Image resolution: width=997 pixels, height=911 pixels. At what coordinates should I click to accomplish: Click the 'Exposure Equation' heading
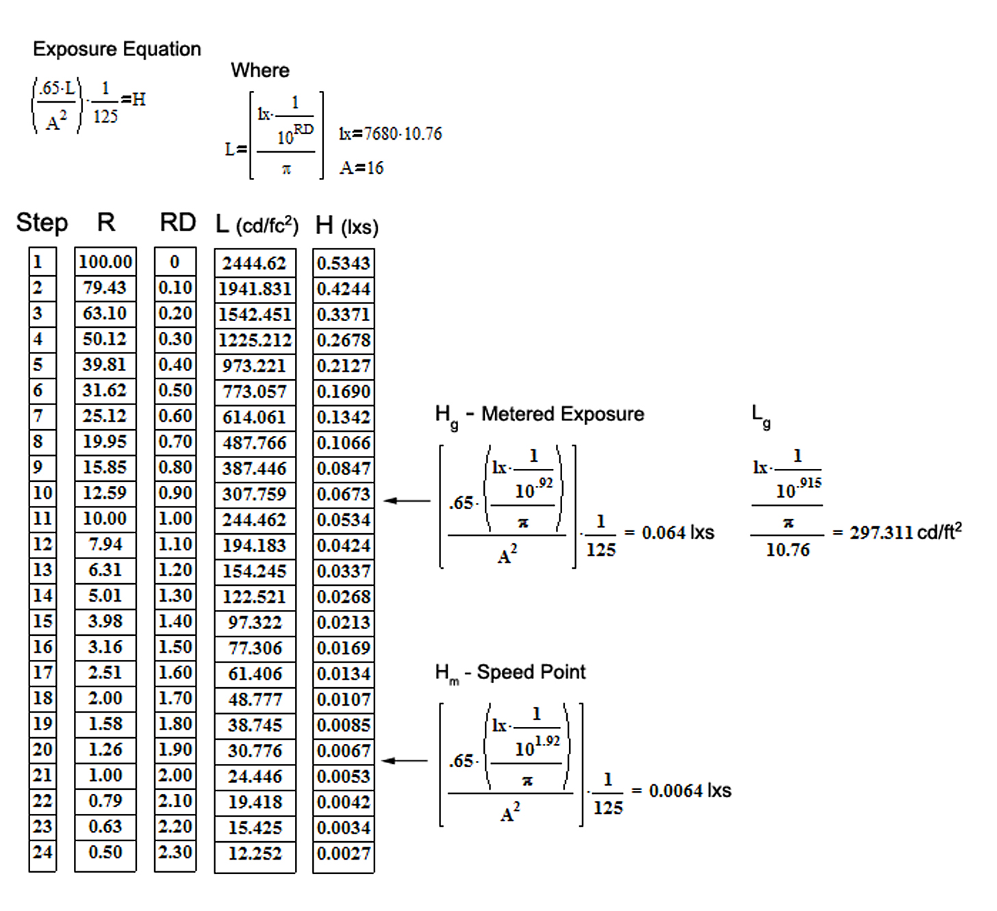[x=117, y=49]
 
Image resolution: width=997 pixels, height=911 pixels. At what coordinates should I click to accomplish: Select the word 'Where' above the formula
[x=260, y=70]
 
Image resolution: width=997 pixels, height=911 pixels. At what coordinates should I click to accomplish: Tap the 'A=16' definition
[x=362, y=168]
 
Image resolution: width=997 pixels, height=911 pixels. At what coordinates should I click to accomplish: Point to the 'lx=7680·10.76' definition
[x=390, y=133]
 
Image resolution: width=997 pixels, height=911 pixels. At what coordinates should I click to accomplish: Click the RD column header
[x=177, y=222]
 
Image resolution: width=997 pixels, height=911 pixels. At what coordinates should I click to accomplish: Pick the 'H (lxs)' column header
[x=347, y=226]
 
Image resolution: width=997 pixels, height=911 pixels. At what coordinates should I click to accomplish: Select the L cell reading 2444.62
[x=255, y=264]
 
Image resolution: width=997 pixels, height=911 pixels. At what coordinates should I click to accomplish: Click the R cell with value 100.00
[x=105, y=262]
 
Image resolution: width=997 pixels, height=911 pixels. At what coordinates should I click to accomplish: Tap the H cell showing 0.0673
[x=344, y=494]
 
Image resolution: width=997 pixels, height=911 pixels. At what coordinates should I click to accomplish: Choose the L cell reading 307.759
[x=255, y=494]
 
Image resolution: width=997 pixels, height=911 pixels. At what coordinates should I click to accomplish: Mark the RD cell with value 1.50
[x=175, y=647]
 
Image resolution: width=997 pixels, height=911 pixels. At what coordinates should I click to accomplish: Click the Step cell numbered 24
[x=42, y=852]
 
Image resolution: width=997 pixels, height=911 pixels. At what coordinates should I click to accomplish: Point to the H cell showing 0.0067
[x=344, y=750]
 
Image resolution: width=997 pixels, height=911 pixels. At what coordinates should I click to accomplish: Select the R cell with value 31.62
[x=105, y=390]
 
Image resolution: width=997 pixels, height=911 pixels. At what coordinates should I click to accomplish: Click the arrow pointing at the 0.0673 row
[x=407, y=500]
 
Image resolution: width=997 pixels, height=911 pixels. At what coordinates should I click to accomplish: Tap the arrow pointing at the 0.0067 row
[x=405, y=760]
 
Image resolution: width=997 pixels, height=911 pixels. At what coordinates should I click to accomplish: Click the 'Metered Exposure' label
[x=563, y=414]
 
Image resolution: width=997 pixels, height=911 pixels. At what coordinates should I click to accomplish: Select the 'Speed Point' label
[x=531, y=672]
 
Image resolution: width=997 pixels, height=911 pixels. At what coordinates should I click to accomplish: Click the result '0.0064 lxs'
[x=690, y=791]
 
